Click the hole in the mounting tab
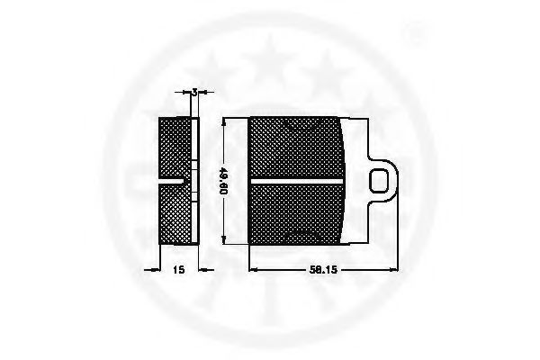(382, 181)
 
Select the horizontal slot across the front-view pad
(297, 181)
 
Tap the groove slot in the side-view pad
(175, 181)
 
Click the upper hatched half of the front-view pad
(297, 148)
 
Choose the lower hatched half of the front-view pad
(297, 213)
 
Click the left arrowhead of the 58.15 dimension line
(253, 268)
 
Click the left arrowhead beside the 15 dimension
(154, 268)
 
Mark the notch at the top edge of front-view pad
(297, 120)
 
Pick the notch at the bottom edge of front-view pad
(297, 243)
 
